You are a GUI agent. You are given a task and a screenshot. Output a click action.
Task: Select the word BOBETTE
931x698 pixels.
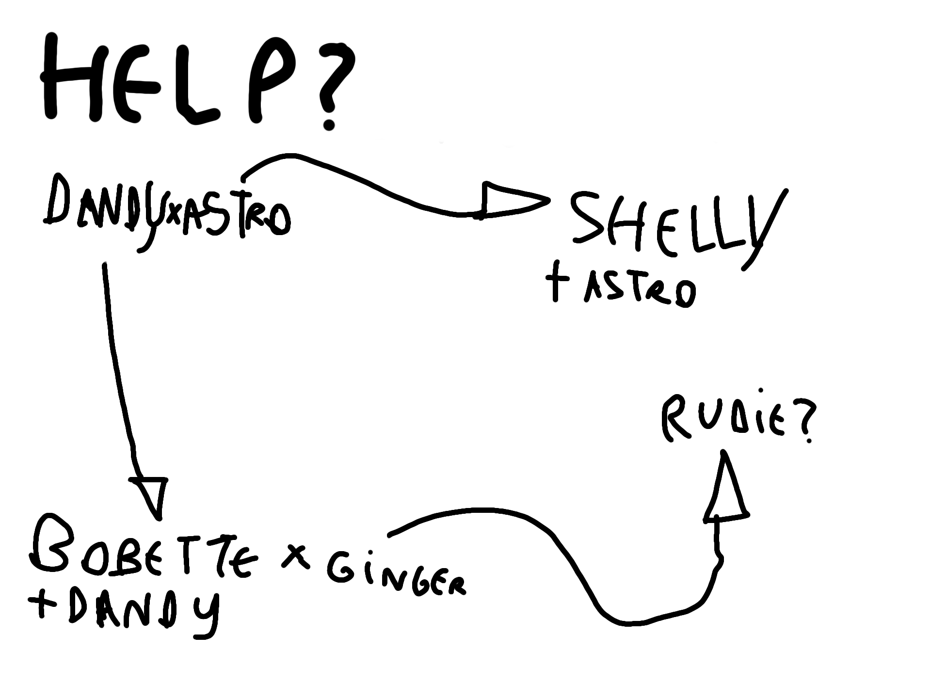(x=141, y=553)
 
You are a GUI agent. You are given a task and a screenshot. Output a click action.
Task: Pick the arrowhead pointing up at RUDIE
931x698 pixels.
(x=726, y=490)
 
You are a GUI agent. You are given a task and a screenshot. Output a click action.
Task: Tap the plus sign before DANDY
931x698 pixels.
(x=41, y=606)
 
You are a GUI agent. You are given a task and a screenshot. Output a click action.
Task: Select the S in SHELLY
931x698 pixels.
(x=589, y=218)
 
